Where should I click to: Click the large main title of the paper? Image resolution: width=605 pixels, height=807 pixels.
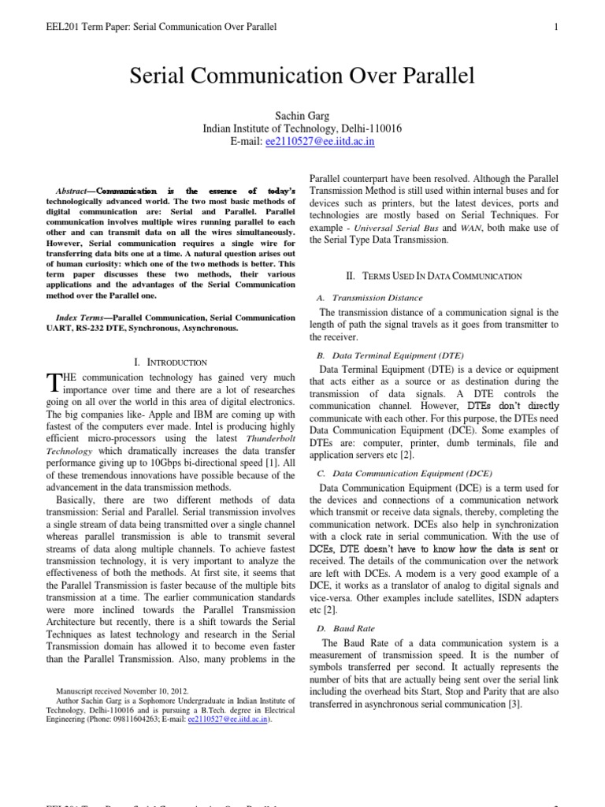tap(302, 76)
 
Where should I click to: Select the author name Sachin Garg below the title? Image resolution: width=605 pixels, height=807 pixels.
tap(302, 114)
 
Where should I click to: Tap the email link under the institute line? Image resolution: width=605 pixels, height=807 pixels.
tap(309, 141)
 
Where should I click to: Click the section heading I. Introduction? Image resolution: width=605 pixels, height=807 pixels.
tap(171, 362)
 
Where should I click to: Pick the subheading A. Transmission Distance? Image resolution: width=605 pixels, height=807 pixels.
tap(369, 298)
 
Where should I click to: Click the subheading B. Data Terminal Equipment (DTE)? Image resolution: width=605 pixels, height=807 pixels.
tap(390, 355)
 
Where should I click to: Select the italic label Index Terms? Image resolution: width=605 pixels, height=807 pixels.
tap(82, 317)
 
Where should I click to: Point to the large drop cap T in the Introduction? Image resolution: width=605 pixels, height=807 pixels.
tap(53, 383)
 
